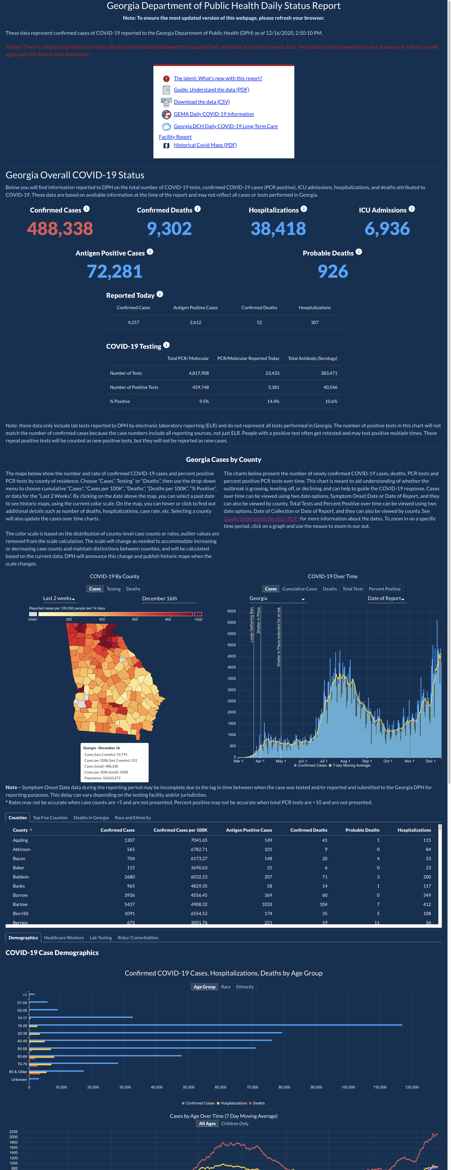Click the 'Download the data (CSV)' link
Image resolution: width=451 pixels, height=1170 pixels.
[202, 102]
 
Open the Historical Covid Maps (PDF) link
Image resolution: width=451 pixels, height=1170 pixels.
[205, 145]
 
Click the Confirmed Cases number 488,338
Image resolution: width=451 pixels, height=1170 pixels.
[60, 228]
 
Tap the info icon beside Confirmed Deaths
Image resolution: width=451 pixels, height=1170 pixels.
[198, 209]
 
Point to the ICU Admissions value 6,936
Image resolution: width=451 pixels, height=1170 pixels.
[387, 228]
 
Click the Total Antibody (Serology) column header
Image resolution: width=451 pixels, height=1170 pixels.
[313, 358]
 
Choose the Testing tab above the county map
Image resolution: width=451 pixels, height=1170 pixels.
[114, 589]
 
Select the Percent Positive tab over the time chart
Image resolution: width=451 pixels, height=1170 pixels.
[385, 589]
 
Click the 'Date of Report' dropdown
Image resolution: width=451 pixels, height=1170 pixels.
[386, 599]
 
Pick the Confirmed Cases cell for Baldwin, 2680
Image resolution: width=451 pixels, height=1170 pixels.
[129, 877]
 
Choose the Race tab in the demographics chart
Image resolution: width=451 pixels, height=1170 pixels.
[226, 987]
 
